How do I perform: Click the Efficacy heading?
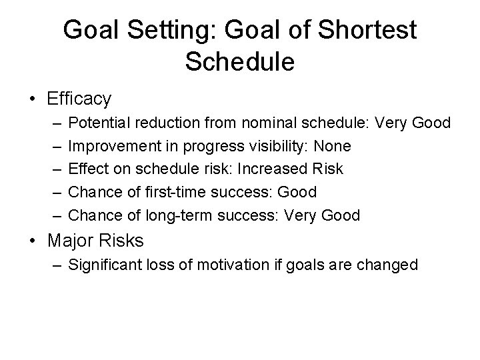[x=79, y=99]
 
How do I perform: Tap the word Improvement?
[x=110, y=146]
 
